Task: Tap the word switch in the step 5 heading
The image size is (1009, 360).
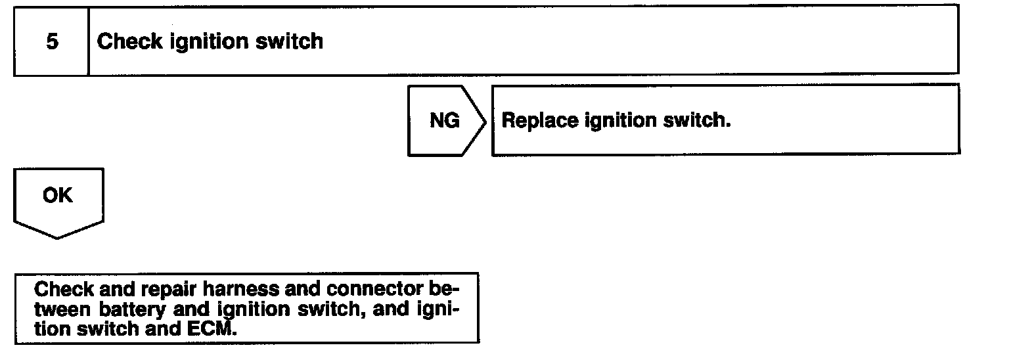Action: tap(289, 42)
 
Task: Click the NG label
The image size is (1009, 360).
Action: tap(444, 122)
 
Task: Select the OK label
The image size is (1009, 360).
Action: tap(58, 196)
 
